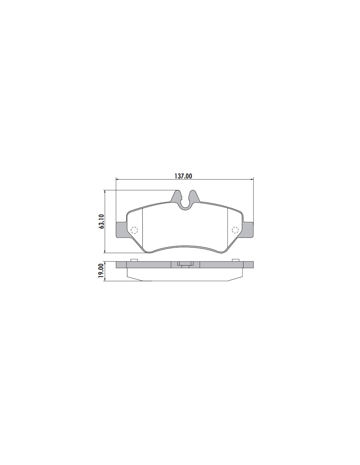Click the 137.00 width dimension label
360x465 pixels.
(183, 176)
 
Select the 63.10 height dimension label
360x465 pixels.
(101, 221)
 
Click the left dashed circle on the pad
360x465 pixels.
(134, 230)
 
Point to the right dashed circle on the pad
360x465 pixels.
(235, 230)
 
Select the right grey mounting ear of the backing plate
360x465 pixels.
(248, 230)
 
